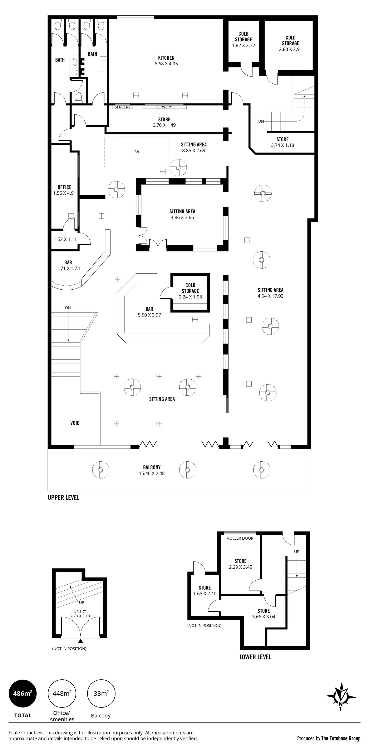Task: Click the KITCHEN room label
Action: pos(166,58)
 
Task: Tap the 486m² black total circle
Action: pos(23,693)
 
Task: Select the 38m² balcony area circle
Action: pos(101,693)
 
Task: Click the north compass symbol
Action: pos(341,696)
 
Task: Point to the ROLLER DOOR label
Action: pos(240,538)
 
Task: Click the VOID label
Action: pos(75,423)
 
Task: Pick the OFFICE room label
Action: pos(64,187)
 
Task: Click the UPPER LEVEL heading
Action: pos(64,497)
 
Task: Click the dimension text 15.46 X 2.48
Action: pos(152,473)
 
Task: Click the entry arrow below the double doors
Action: pos(81,641)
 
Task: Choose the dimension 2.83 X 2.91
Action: pos(290,49)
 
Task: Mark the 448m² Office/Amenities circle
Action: pos(62,693)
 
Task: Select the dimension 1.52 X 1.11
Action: pos(65,239)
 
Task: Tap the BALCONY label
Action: pos(152,467)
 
